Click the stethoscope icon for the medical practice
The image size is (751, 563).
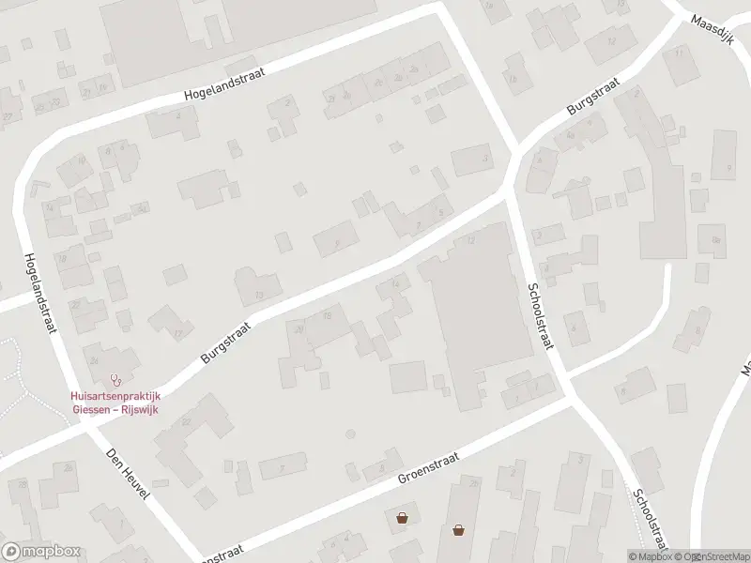click(x=116, y=380)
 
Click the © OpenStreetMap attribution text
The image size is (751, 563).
click(x=713, y=556)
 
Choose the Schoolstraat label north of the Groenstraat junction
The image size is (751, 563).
click(x=540, y=315)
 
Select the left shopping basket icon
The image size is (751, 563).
click(x=402, y=517)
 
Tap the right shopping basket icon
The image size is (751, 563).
click(x=458, y=529)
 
